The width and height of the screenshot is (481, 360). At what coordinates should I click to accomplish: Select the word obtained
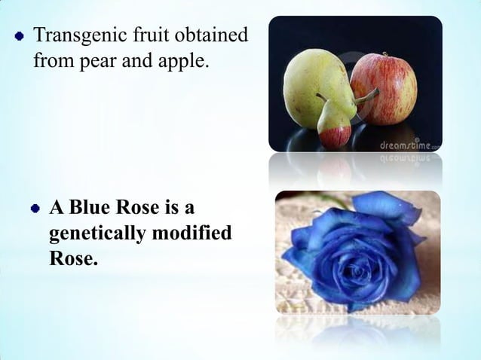(209, 35)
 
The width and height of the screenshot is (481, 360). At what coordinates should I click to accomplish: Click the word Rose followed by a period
(73, 261)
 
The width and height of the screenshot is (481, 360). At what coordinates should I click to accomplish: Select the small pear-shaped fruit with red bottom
(335, 125)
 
